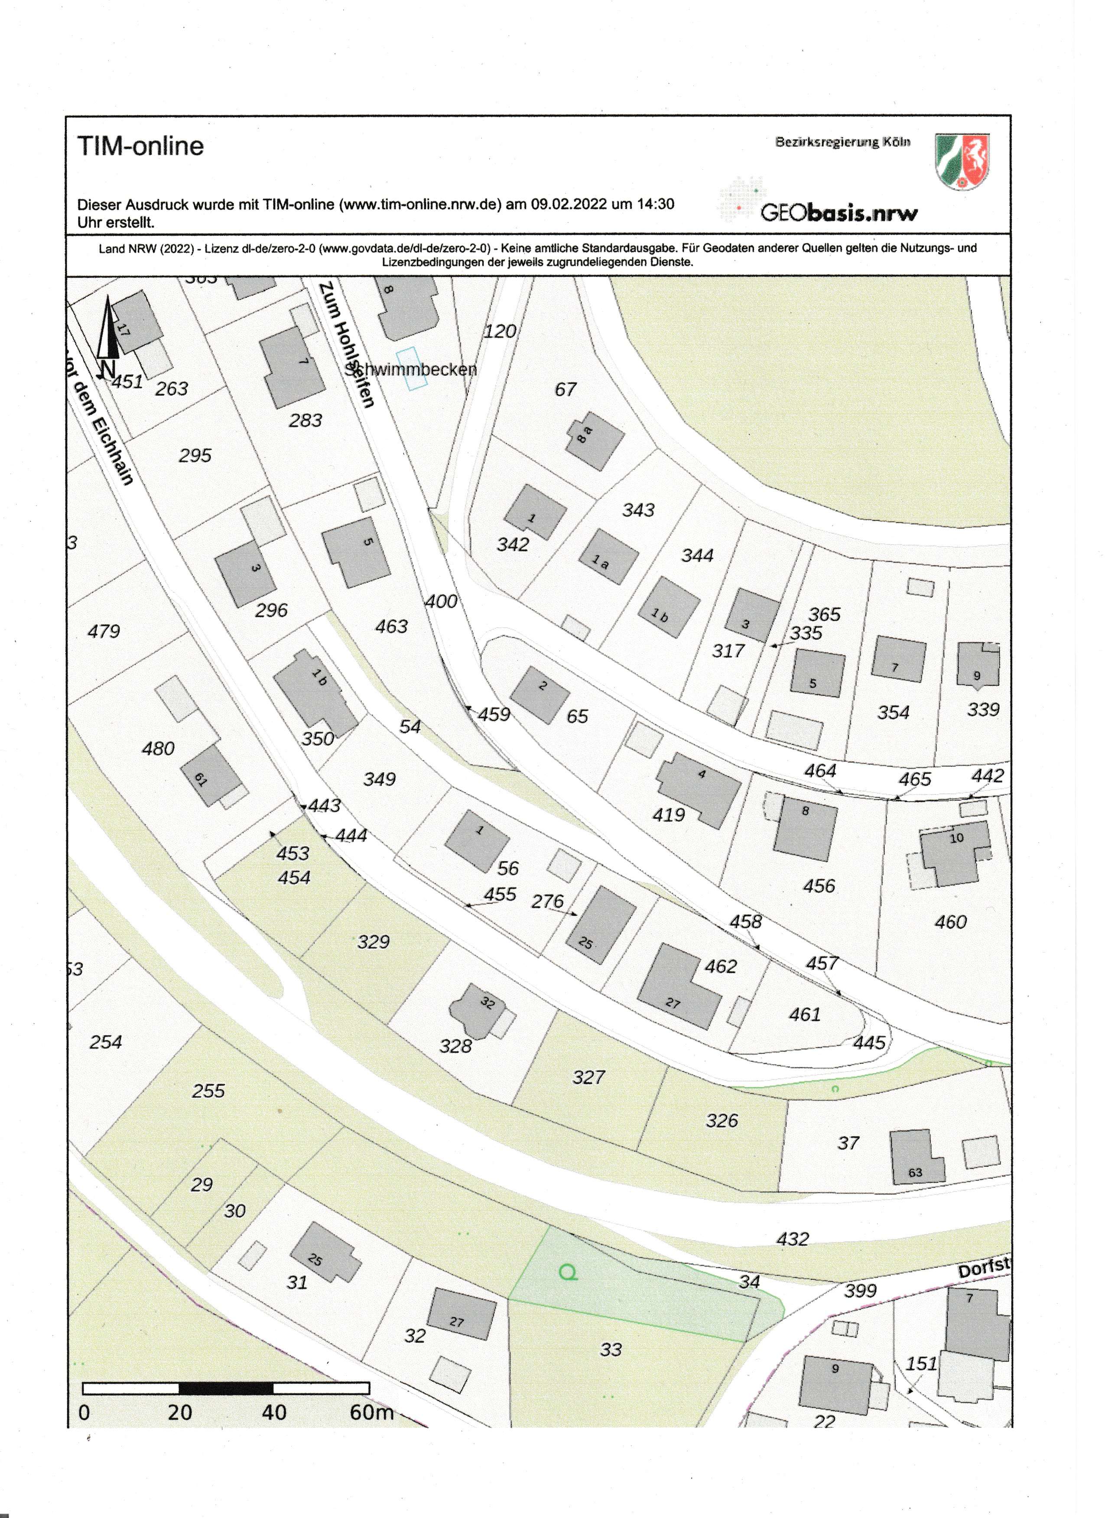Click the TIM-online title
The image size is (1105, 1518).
(140, 146)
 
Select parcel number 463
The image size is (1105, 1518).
(392, 626)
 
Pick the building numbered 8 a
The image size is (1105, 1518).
(595, 442)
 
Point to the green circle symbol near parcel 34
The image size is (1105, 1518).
(568, 1271)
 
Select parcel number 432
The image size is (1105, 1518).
(793, 1239)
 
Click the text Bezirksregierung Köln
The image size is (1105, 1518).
(843, 143)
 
